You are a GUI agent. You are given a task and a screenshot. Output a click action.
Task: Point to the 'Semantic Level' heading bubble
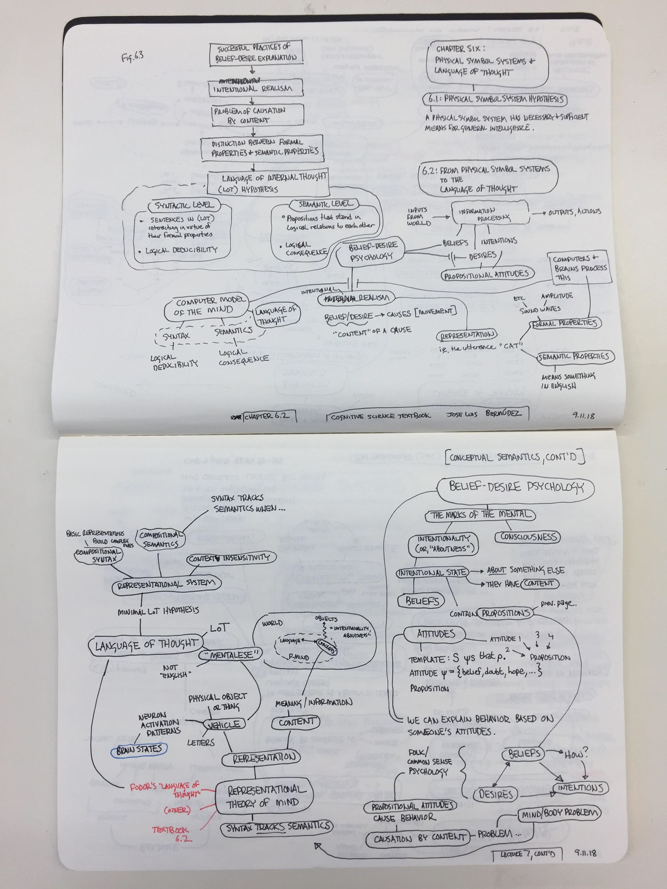[x=324, y=204]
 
